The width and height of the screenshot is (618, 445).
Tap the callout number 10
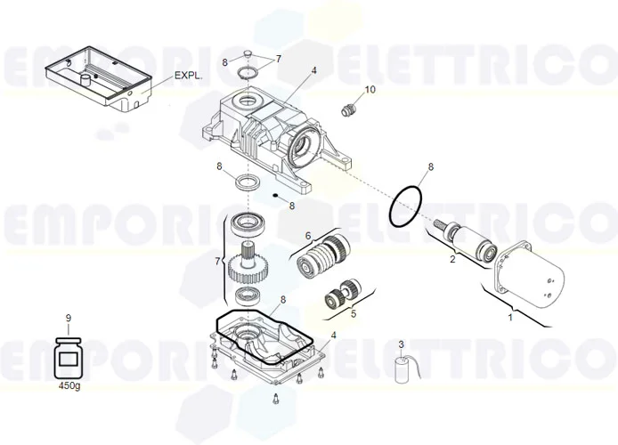click(x=370, y=90)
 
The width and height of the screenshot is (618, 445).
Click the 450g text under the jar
click(x=68, y=386)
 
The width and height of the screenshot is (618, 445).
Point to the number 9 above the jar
click(x=68, y=318)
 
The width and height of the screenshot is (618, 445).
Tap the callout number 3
click(x=402, y=344)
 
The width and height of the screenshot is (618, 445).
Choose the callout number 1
click(x=510, y=316)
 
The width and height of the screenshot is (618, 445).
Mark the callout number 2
click(x=452, y=260)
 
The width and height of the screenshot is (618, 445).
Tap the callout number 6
click(x=308, y=236)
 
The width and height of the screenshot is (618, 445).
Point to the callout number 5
click(x=353, y=313)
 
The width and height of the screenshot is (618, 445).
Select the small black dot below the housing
click(x=277, y=196)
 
